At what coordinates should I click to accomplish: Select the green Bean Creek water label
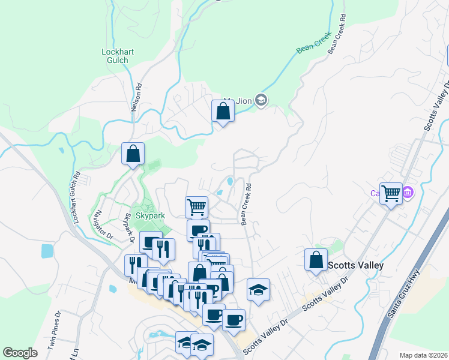pos(310,48)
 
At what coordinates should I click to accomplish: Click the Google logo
pos(20,353)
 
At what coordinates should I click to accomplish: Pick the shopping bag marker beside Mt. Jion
pos(223,111)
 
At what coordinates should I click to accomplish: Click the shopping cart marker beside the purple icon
pos(391,193)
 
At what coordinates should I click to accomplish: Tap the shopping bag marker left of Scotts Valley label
pos(316,260)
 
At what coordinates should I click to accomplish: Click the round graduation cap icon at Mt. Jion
pos(261,100)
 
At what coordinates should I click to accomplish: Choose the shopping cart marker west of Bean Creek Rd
pos(196,208)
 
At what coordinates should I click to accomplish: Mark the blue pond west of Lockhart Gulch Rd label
pos(47,251)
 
